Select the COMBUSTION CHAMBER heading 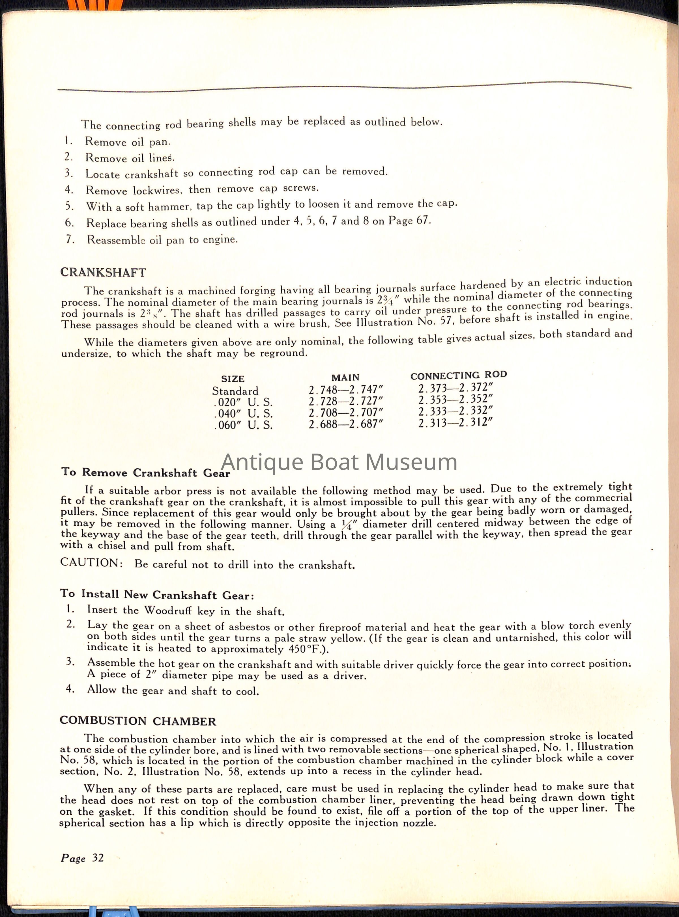point(138,720)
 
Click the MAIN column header point(345,377)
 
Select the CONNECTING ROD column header point(458,375)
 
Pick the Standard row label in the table point(235,391)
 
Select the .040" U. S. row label point(243,413)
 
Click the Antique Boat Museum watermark point(339,461)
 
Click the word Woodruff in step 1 point(169,610)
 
